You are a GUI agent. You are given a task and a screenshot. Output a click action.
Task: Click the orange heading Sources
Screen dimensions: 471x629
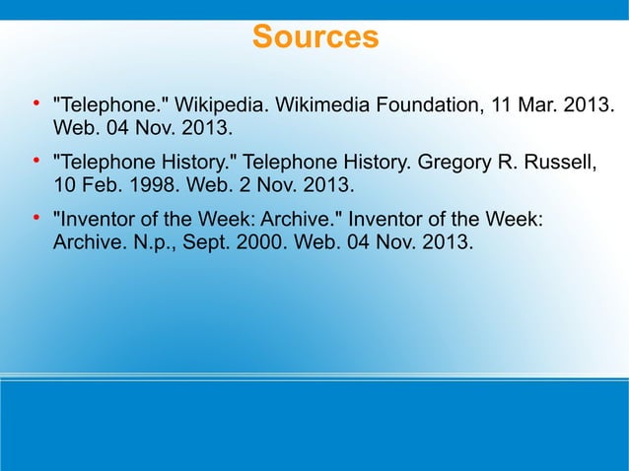pyautogui.click(x=314, y=37)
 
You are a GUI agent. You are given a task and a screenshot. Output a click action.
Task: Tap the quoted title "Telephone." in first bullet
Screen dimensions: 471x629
pyautogui.click(x=108, y=104)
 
